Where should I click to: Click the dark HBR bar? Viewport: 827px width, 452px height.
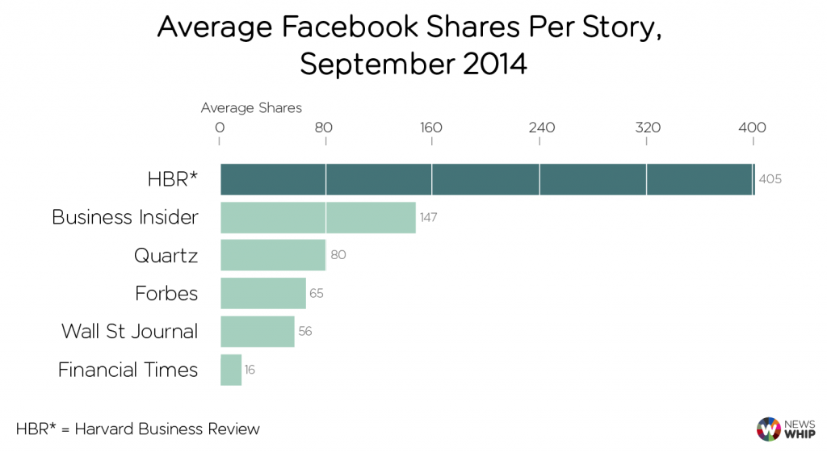coord(487,179)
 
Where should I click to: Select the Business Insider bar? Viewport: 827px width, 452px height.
coord(318,217)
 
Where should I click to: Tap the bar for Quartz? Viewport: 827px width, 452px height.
coord(273,255)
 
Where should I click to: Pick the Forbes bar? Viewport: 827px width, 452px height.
coord(263,293)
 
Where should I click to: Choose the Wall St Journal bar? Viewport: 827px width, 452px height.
coord(258,331)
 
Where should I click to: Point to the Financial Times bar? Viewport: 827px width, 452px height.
coord(231,370)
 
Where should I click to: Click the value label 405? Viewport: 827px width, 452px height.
coord(770,179)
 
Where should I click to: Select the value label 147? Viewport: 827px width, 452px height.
coord(428,217)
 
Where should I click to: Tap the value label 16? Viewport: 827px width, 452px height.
coord(250,370)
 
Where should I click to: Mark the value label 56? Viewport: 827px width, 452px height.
coord(304,331)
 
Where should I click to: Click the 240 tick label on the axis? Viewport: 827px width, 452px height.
coord(540,127)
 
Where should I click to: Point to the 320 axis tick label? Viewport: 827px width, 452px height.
coord(647,127)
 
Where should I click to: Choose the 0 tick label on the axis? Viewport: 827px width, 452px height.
coord(219,127)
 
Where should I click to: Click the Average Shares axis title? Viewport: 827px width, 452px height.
coord(251,107)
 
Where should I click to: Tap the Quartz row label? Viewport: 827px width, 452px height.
coord(166,256)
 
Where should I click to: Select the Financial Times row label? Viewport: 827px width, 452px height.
coord(128,370)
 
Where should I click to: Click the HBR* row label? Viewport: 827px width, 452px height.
coord(173,179)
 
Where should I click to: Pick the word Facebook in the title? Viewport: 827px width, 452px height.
coord(383,27)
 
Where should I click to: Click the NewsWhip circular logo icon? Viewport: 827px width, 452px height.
coord(769,429)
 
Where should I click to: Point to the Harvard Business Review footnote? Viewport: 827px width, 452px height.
coord(138,429)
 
